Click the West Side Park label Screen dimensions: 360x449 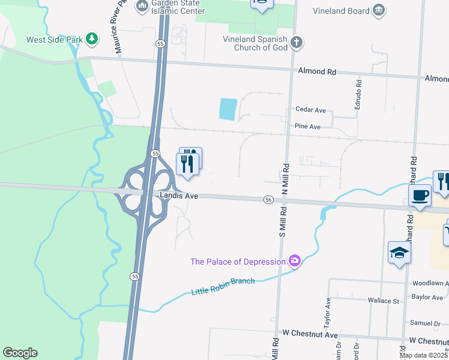pos(55,40)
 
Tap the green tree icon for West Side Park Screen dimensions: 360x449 pos(91,40)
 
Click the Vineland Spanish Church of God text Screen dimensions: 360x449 pos(256,44)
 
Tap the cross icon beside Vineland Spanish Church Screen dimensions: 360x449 pos(296,43)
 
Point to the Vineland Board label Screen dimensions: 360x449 pos(341,10)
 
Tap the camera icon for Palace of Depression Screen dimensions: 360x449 pos(294,260)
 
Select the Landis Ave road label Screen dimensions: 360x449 pos(179,196)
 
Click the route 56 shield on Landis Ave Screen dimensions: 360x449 pos(268,200)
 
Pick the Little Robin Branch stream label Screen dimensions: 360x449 pos(223,286)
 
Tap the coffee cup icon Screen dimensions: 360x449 pos(420,195)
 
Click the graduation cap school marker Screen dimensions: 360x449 pos(399,253)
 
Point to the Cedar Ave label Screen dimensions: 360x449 pos(310,110)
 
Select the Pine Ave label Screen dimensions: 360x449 pos(307,127)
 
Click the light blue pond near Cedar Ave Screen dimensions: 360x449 pos(228,109)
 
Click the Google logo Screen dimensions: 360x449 pos(20,353)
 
